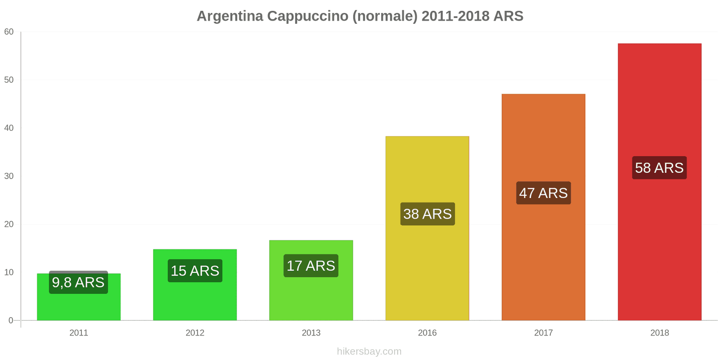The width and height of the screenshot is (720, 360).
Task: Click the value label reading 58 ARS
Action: [659, 168]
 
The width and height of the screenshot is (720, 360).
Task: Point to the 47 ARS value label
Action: [543, 193]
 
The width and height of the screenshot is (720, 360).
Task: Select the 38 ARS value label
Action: [427, 214]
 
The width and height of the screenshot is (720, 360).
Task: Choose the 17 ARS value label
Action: [311, 265]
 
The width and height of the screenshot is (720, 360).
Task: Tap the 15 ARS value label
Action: [195, 270]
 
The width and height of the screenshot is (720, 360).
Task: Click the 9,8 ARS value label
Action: [78, 282]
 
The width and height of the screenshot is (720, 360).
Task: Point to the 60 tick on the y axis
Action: [9, 32]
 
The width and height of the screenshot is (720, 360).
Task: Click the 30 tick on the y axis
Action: [9, 176]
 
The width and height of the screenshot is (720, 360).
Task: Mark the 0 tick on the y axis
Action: [11, 320]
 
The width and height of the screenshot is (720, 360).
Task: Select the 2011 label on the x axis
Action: [79, 333]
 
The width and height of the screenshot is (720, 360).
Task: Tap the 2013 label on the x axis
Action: [311, 333]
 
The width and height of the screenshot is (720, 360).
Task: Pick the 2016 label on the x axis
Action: [427, 333]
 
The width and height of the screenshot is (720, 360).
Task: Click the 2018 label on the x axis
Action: [659, 333]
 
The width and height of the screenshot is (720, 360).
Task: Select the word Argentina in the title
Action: [229, 16]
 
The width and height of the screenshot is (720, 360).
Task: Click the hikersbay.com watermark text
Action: [369, 351]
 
